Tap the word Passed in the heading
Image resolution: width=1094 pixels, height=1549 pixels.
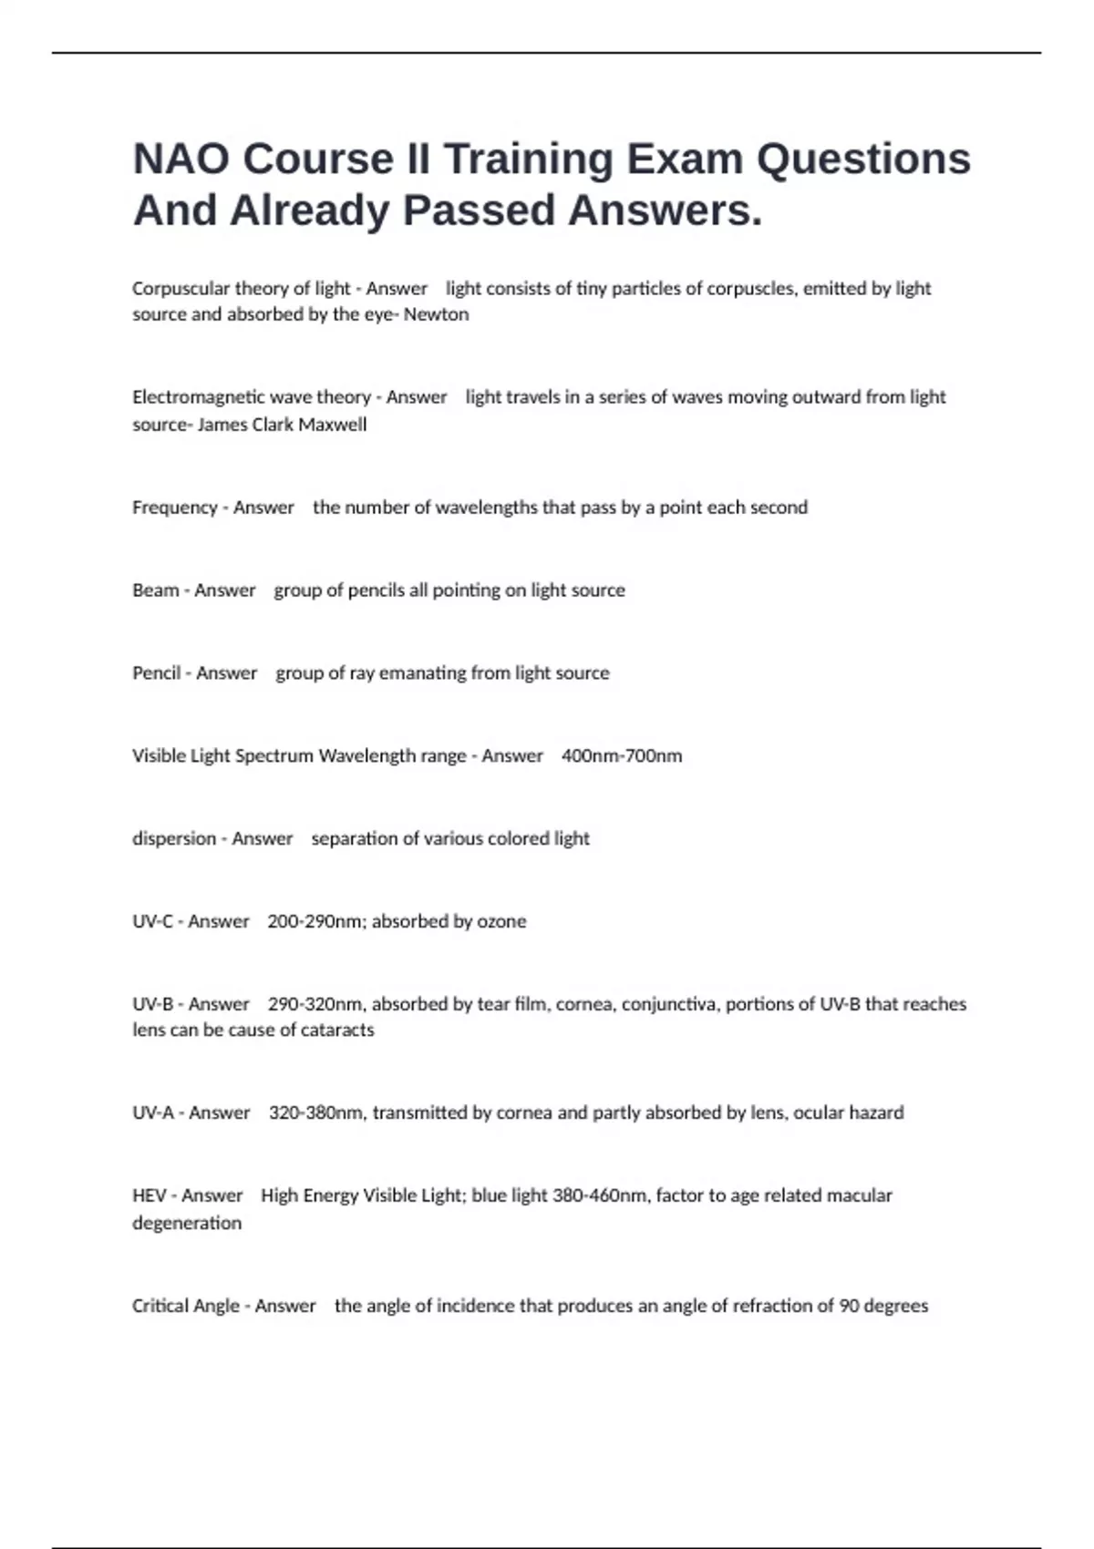[479, 210]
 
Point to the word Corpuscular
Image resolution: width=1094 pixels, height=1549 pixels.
[180, 289]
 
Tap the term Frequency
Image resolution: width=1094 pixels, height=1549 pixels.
[175, 508]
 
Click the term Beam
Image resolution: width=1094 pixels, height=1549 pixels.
[155, 590]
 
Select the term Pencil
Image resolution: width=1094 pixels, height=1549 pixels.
[156, 673]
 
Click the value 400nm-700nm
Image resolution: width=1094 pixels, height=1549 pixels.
[622, 756]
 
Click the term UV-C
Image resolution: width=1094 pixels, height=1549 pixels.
[152, 921]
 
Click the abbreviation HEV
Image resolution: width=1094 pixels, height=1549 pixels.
[149, 1195]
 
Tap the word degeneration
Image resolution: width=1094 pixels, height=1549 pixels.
[187, 1223]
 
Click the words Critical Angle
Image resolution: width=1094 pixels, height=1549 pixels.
[186, 1306]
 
